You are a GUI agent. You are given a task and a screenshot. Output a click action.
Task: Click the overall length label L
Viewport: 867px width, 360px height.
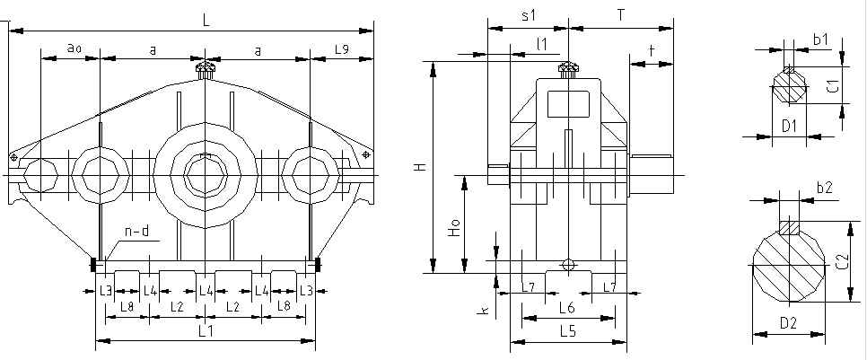click(206, 21)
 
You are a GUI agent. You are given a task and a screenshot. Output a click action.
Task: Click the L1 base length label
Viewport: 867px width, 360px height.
click(205, 331)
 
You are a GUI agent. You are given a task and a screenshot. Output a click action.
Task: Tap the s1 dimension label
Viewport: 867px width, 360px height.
click(529, 15)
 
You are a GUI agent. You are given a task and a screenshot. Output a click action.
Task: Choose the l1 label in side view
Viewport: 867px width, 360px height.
click(540, 43)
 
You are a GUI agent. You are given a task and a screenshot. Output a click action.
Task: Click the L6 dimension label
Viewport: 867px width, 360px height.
click(566, 308)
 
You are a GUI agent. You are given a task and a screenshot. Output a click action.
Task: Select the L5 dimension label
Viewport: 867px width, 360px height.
click(566, 331)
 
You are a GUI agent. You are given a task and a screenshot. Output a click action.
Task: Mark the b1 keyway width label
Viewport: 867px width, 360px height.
click(820, 40)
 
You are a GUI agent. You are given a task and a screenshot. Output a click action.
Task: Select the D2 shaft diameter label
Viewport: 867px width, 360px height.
click(788, 321)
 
